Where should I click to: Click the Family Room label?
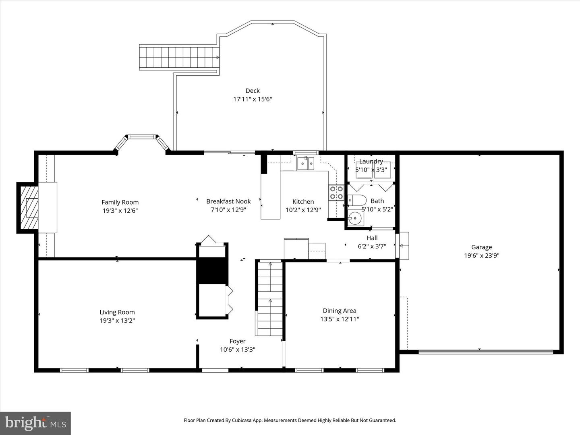[120, 202]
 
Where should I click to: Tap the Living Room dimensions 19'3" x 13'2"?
[117, 321]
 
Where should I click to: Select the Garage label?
[481, 247]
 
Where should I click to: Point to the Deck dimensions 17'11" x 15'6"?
[253, 99]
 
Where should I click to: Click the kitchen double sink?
[305, 164]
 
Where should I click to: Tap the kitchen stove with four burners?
[336, 193]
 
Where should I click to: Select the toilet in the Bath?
[357, 200]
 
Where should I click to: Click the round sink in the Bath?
[355, 219]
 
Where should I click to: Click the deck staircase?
[180, 58]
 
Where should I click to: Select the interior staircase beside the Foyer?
[270, 299]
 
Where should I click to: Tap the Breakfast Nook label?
[228, 201]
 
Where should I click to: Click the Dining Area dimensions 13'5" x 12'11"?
[340, 319]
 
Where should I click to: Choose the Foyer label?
[237, 341]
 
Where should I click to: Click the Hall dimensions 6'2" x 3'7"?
[372, 246]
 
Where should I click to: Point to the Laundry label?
[371, 161]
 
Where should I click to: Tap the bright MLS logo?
[35, 423]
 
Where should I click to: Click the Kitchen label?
[303, 201]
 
